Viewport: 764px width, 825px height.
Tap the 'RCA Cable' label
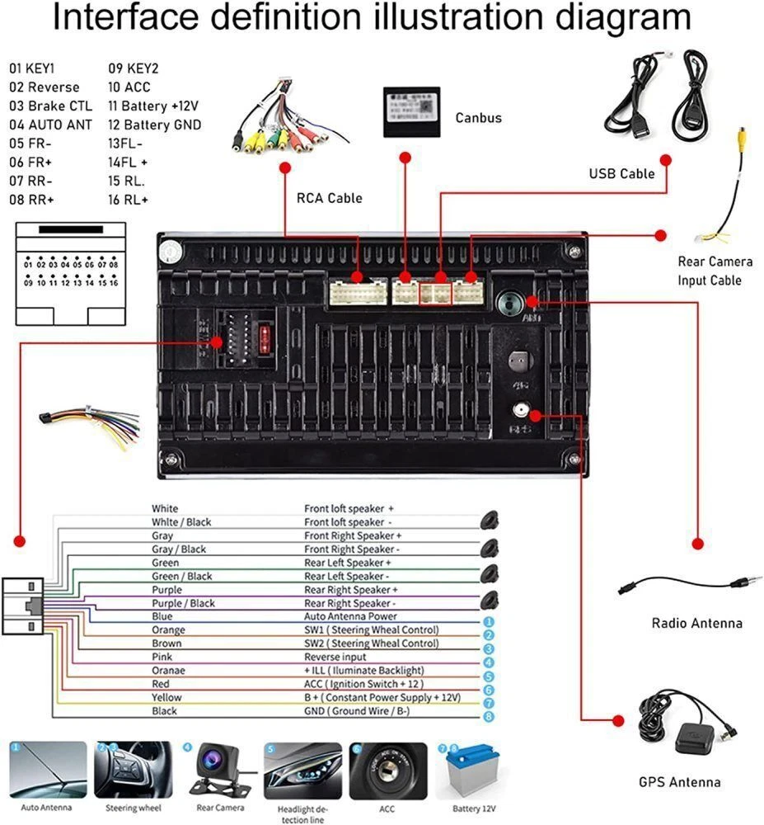click(x=329, y=198)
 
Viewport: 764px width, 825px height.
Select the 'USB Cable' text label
click(x=621, y=173)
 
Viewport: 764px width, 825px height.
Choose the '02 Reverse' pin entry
click(x=45, y=87)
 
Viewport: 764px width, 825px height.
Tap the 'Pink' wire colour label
click(x=162, y=657)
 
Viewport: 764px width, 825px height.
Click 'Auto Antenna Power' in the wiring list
click(x=350, y=616)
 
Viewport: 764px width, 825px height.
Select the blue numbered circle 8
click(x=489, y=716)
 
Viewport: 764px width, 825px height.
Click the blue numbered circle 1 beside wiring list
click(x=489, y=621)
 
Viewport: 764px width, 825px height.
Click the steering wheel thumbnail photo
click(x=134, y=771)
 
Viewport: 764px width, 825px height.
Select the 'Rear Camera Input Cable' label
click(x=715, y=271)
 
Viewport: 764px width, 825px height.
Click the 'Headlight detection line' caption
click(x=302, y=813)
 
